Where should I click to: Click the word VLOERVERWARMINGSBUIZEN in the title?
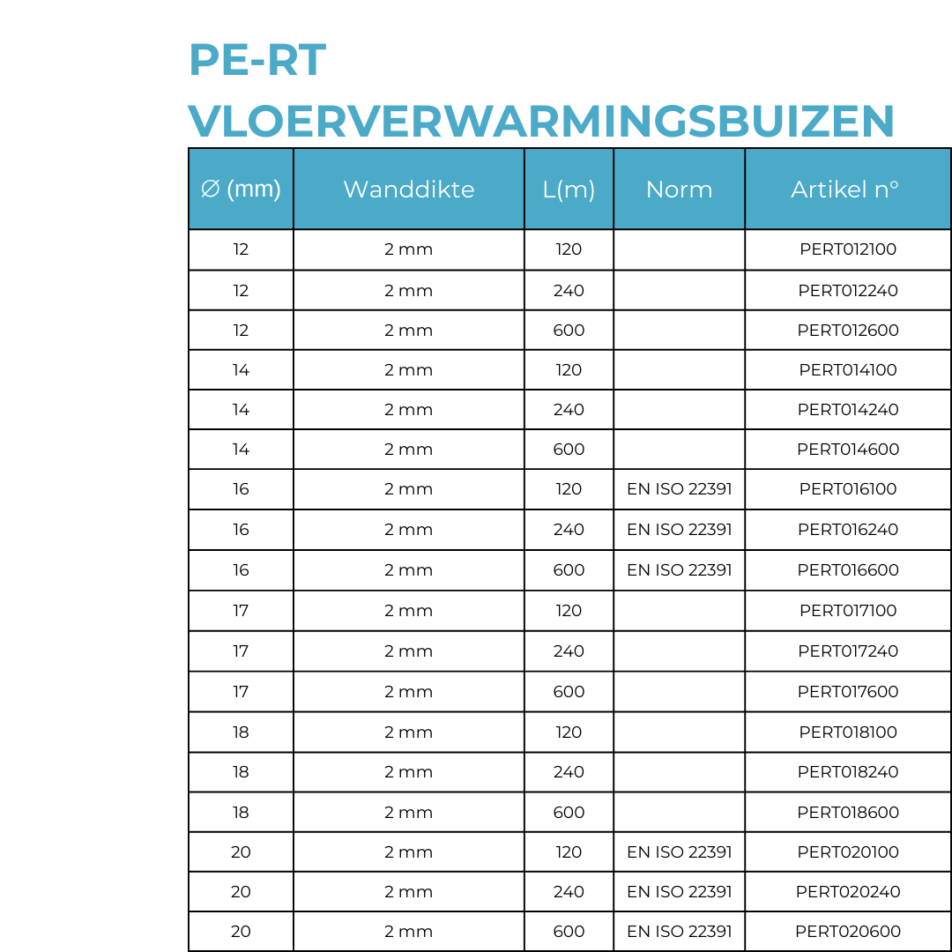[541, 121]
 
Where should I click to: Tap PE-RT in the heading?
[257, 61]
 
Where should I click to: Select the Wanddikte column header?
[409, 190]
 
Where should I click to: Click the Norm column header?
[679, 190]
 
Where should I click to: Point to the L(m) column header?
[569, 190]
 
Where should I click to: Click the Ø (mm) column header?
[241, 190]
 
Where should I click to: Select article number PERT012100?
[848, 249]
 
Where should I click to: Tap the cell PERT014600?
[848, 450]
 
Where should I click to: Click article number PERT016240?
[848, 530]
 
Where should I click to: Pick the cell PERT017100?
[848, 611]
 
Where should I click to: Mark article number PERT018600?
[848, 813]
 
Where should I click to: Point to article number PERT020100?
[848, 852]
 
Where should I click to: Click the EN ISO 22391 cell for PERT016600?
[679, 570]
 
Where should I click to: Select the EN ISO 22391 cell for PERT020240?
[679, 892]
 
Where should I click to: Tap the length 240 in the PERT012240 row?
[569, 291]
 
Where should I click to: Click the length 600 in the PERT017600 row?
[569, 692]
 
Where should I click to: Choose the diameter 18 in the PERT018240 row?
[241, 772]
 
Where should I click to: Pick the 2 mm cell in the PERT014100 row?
[409, 370]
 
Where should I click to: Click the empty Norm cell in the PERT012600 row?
[679, 331]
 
